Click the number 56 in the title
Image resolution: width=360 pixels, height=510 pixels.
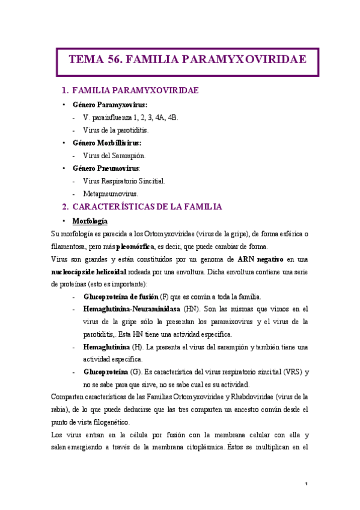coord(115,60)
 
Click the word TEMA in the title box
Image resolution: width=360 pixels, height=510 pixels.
coord(86,60)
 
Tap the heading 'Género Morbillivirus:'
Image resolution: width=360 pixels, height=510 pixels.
coord(107,143)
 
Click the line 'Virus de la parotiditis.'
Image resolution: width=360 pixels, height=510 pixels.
coord(116,130)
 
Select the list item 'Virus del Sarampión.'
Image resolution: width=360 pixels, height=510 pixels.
coord(114,156)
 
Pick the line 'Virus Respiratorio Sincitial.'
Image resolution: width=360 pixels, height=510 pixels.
coord(124,181)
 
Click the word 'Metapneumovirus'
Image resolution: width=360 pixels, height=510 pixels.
coord(110,194)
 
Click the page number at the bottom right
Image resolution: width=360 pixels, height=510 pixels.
coord(306,485)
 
